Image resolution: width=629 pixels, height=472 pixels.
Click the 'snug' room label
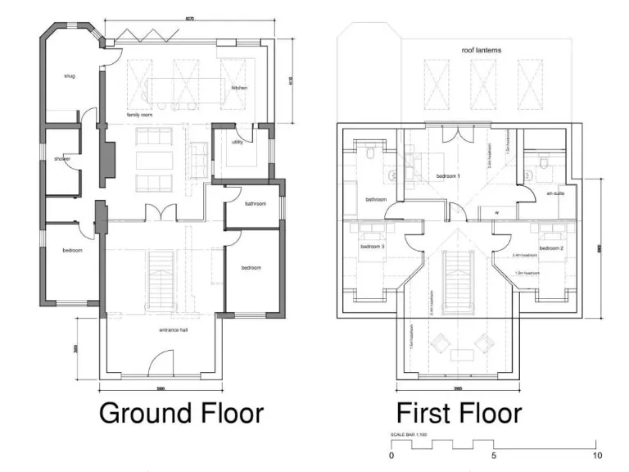click(x=70, y=76)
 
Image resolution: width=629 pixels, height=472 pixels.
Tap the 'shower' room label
click(x=62, y=158)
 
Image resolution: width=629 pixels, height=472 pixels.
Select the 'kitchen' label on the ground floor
click(x=238, y=88)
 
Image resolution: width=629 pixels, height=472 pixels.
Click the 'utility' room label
click(x=238, y=142)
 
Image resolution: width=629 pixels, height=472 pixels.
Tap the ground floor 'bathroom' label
click(x=254, y=203)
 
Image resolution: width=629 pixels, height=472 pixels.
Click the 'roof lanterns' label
click(x=482, y=50)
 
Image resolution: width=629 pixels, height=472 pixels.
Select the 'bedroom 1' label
click(x=448, y=176)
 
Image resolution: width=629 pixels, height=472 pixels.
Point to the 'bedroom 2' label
click(x=550, y=247)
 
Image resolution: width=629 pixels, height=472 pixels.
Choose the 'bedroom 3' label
click(x=372, y=247)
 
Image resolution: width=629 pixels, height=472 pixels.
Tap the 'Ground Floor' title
click(x=181, y=412)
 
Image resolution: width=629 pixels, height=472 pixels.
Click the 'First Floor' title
click(x=459, y=412)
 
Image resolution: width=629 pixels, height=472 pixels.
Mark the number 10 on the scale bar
click(x=597, y=455)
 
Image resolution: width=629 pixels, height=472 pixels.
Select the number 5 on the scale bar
click(x=493, y=455)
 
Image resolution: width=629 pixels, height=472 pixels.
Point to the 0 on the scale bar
click(x=391, y=455)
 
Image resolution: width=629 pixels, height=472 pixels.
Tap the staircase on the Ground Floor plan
click(x=158, y=279)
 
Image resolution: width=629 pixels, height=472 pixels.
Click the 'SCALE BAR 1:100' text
click(x=409, y=433)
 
